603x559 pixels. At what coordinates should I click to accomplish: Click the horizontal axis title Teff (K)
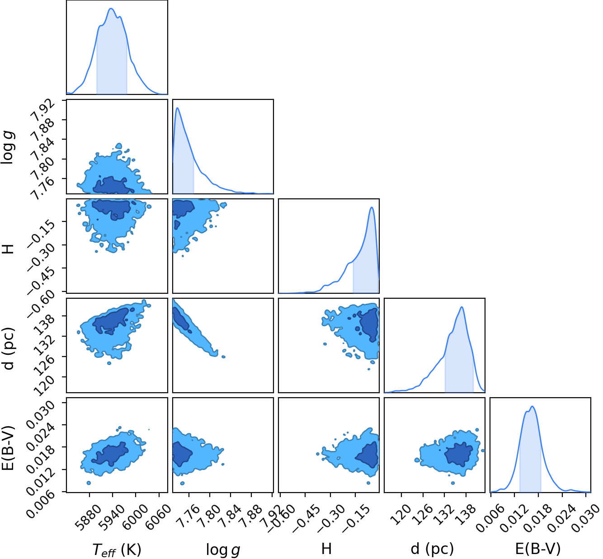[117, 549]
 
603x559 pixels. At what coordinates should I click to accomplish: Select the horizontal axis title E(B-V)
[538, 548]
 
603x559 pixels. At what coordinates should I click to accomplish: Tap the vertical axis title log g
[7, 148]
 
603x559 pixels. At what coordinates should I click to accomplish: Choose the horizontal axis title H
[326, 548]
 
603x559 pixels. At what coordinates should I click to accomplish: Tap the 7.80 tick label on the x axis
[209, 515]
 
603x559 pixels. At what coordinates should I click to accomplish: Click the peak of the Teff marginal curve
[111, 9]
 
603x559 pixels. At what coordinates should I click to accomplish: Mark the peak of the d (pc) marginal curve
[462, 307]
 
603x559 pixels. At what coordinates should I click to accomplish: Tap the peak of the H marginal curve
[372, 207]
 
